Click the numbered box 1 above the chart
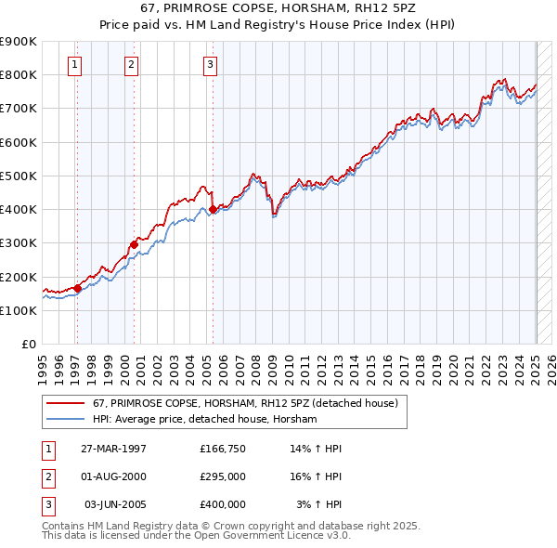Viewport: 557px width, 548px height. (x=73, y=64)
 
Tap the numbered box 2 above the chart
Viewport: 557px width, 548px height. (x=132, y=64)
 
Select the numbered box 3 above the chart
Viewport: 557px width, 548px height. (x=211, y=64)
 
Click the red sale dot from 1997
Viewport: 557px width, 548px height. (x=78, y=288)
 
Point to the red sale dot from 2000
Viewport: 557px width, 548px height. (x=134, y=244)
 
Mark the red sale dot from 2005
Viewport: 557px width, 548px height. (x=213, y=210)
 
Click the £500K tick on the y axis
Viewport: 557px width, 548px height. (x=19, y=176)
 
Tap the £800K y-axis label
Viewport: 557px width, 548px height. (x=19, y=74)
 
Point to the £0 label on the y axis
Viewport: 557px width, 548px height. (x=28, y=345)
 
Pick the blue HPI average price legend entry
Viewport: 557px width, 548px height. (x=205, y=420)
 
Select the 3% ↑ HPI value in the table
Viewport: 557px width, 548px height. (x=319, y=504)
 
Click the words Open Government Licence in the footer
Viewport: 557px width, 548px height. (x=269, y=536)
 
